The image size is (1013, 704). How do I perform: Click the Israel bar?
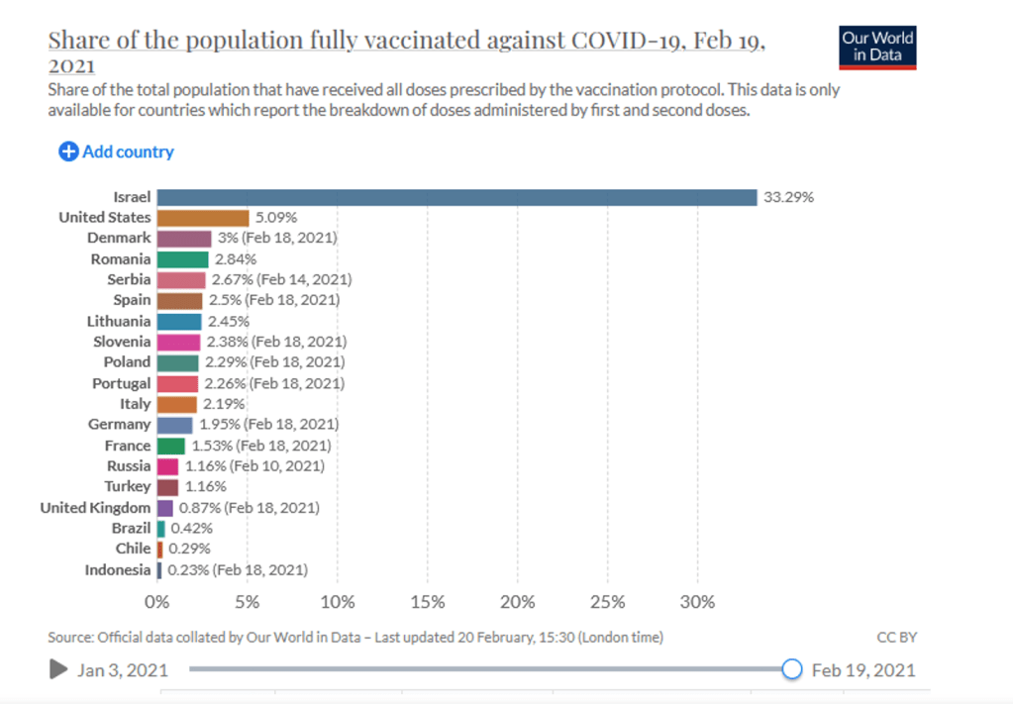click(x=456, y=196)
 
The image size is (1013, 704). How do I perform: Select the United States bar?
click(x=203, y=217)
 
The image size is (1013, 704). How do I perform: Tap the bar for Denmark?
click(x=184, y=238)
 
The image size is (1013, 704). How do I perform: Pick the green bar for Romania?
click(x=182, y=258)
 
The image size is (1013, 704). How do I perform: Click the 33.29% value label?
click(x=788, y=196)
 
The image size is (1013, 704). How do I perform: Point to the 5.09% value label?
click(x=276, y=217)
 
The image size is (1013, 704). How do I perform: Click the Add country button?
click(x=117, y=151)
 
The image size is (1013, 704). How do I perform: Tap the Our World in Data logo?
click(x=877, y=47)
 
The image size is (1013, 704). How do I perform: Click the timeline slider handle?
click(x=791, y=669)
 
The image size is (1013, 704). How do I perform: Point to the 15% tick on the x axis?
click(x=427, y=601)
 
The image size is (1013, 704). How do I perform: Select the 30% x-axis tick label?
click(x=697, y=601)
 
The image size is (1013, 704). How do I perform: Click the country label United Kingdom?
click(x=96, y=507)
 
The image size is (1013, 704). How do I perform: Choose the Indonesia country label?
click(x=118, y=569)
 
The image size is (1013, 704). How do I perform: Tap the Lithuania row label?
click(x=119, y=321)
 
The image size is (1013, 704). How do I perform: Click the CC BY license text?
click(x=896, y=637)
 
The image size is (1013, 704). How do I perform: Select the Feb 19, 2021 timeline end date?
click(x=863, y=670)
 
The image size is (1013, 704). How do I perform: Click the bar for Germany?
click(x=174, y=424)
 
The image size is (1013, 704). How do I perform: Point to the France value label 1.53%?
click(x=208, y=445)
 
